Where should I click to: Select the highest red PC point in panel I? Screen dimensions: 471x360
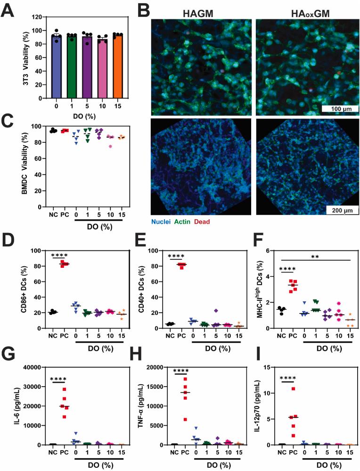tap(294, 388)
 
